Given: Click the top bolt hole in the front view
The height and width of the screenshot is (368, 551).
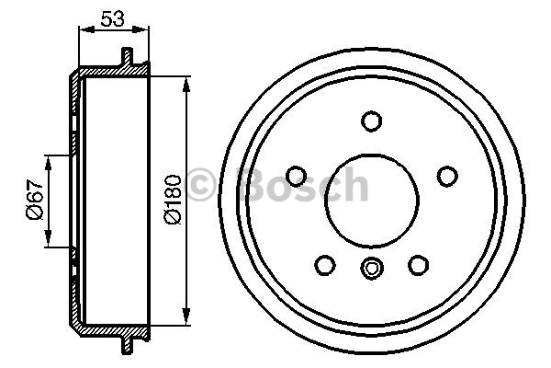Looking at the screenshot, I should click(371, 121).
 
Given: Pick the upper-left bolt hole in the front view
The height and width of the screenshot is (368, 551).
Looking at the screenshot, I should click(297, 176).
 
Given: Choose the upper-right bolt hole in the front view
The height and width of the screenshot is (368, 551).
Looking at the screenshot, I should click(446, 176).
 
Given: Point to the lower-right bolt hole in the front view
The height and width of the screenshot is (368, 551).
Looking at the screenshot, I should click(418, 264).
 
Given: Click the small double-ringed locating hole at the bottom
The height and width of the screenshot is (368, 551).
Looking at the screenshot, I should click(371, 269).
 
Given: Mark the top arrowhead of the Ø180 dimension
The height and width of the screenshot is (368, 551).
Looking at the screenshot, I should click(187, 86).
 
